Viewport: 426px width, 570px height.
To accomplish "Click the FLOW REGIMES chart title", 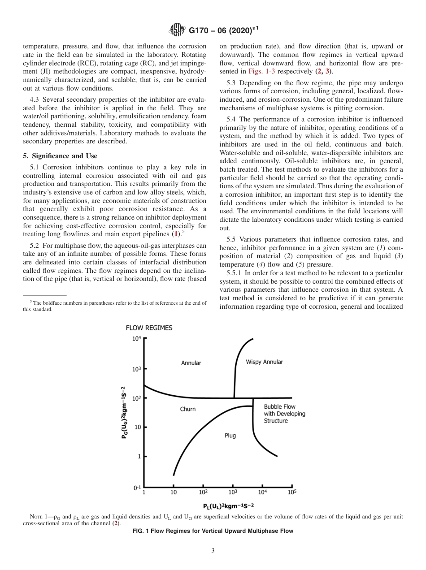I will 149,328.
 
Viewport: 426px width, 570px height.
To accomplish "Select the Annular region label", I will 191,363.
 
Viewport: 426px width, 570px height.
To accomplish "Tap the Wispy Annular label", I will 265,362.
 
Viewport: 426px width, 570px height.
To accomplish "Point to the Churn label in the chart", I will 188,409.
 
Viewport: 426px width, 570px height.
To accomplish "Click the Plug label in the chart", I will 230,435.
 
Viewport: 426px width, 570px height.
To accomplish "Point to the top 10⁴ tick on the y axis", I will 136,339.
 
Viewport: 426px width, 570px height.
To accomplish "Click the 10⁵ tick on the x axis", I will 292,492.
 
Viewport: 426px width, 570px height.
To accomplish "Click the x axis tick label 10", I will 174,492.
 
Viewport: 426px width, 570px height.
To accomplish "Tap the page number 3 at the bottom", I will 213,551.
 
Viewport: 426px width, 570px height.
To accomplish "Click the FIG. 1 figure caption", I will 213,531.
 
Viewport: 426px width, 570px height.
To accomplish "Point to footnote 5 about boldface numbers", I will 114,306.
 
